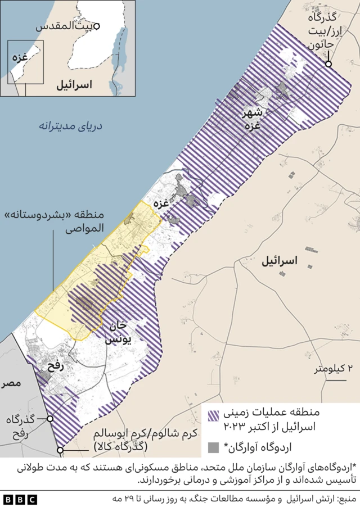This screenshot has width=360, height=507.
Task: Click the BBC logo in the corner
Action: pyautogui.click(x=20, y=499)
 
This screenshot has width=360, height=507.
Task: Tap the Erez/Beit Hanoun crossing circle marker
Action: pyautogui.click(x=328, y=64)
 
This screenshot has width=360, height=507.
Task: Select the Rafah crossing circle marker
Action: pyautogui.click(x=50, y=419)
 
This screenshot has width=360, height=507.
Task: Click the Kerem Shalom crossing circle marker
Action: pyautogui.click(x=60, y=450)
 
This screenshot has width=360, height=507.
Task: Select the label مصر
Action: pyautogui.click(x=11, y=383)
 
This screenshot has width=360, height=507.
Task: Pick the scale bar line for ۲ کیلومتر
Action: pyautogui.click(x=335, y=381)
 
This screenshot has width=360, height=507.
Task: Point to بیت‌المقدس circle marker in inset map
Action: pyautogui.click(x=97, y=26)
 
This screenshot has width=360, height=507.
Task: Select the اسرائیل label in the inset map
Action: pyautogui.click(x=74, y=85)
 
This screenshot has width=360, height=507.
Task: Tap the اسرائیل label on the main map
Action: pyautogui.click(x=280, y=260)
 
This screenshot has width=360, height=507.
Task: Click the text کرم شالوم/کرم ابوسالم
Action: pyautogui.click(x=144, y=435)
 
